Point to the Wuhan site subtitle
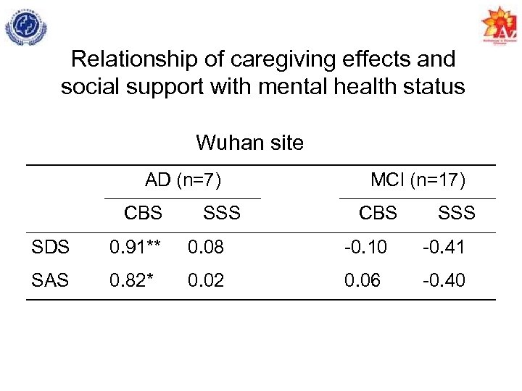249,143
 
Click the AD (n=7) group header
183,180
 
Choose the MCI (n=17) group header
418,180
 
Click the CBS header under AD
143,213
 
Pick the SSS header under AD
221,213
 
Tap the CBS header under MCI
378,213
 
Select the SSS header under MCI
456,213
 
